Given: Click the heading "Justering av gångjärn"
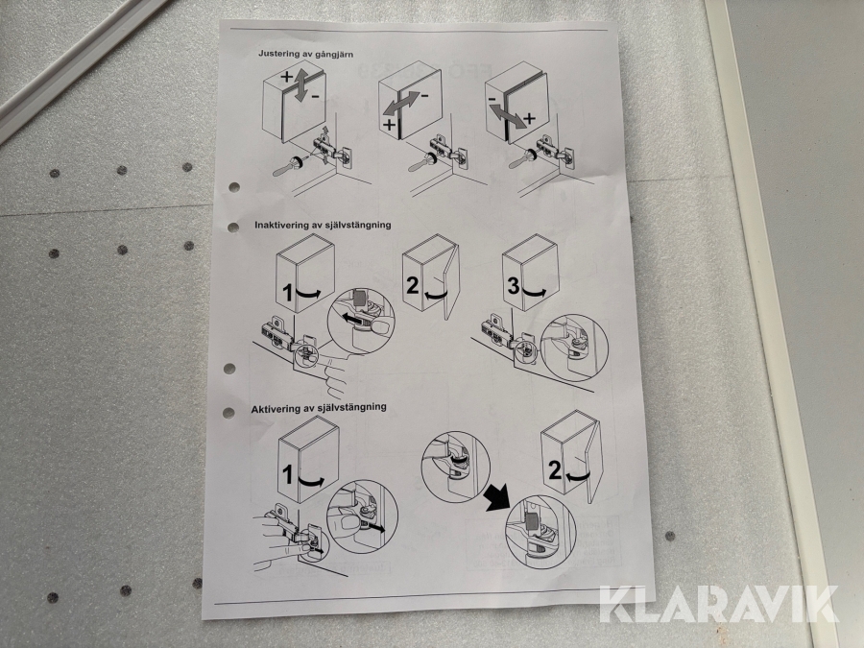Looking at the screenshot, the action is (x=306, y=54).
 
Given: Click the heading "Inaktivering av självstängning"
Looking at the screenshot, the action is (x=323, y=225).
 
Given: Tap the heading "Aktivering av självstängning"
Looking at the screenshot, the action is (x=319, y=408).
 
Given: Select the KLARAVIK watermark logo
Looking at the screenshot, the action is (x=718, y=604).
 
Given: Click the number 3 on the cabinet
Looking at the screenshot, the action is (x=513, y=286).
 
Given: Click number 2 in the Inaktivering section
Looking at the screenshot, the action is (x=413, y=285).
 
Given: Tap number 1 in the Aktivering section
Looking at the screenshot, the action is (x=288, y=474).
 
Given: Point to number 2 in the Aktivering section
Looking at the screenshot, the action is (x=555, y=470).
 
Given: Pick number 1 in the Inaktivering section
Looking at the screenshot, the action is (x=287, y=293).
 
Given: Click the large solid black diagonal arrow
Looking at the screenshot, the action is (x=497, y=497).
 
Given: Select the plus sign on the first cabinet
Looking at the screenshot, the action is (x=286, y=77).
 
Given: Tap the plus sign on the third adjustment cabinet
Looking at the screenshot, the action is (x=529, y=118).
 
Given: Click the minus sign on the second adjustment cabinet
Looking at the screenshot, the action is (x=425, y=96).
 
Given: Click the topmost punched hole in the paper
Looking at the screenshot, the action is (x=234, y=187).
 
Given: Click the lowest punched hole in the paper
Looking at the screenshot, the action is (x=228, y=412).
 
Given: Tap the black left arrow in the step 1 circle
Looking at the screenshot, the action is (x=353, y=319).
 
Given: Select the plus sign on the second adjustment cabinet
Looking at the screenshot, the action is (x=389, y=125).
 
